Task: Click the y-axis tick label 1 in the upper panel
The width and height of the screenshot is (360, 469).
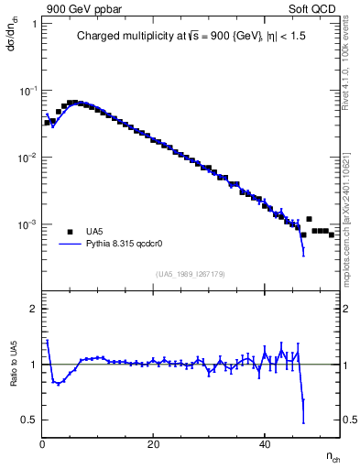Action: coord(34,25)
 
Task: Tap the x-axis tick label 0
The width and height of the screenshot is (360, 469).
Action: coord(42,444)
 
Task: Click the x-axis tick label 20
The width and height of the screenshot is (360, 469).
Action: coord(154,444)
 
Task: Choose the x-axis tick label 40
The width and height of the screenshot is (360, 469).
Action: coord(265,444)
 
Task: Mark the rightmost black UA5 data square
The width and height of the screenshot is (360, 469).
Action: coord(332,234)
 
